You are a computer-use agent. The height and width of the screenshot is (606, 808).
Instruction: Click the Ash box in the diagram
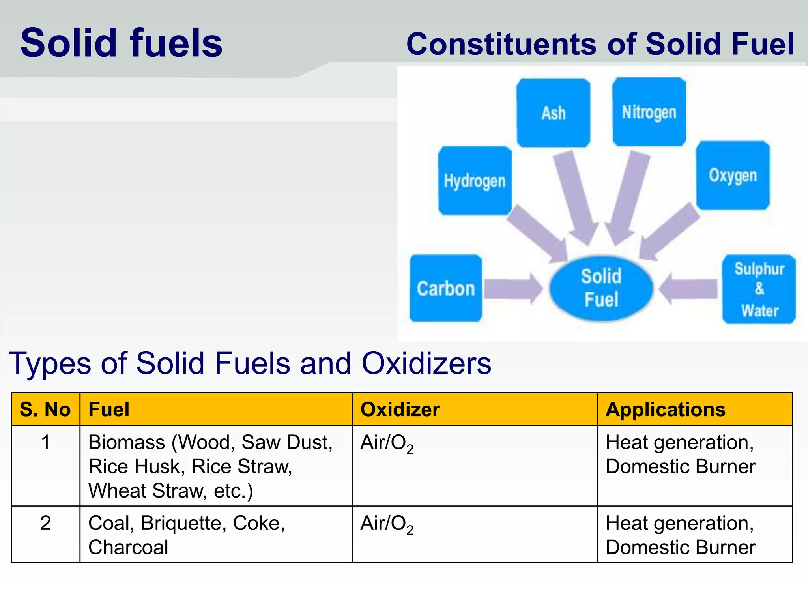pos(554,113)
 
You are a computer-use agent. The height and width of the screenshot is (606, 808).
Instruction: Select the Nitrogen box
pos(649,112)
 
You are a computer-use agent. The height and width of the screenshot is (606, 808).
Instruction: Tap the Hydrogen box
pos(475,181)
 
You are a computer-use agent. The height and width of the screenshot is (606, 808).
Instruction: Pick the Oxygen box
pos(733,176)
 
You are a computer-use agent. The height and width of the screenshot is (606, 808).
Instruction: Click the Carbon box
pos(445,288)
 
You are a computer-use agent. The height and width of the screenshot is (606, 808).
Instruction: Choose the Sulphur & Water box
pos(759,289)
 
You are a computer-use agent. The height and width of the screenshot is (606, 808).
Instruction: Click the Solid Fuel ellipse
pos(601,288)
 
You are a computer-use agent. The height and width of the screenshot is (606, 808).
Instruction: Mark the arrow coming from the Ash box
pos(576,197)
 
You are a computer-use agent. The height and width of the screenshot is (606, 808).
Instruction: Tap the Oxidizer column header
pos(400,410)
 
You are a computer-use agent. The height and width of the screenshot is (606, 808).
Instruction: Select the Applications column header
pos(666,410)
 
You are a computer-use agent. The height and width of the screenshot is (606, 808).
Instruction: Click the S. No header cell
pos(45,410)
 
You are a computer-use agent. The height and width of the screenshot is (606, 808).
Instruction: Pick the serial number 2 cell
pos(45,523)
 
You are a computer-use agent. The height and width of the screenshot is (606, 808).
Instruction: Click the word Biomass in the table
pos(126,442)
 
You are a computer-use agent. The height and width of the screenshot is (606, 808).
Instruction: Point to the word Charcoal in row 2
pos(128,548)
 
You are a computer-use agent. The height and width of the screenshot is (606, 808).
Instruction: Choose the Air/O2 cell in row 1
pos(387,443)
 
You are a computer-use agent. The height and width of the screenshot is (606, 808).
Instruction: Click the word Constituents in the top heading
pos(501,44)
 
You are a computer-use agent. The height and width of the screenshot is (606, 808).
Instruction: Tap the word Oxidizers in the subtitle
pos(426,363)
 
